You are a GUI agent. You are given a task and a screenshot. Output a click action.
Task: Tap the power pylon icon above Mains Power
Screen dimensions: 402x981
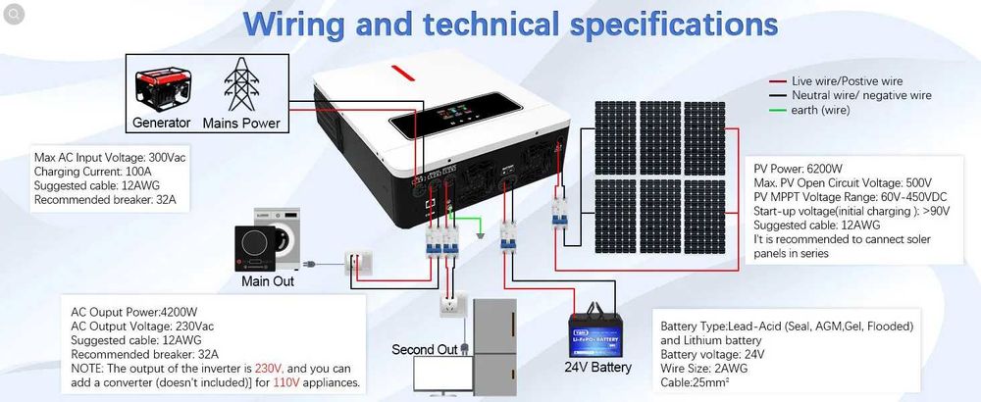[x=240, y=85]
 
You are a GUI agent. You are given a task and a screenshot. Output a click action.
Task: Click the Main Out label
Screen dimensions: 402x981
[x=268, y=281]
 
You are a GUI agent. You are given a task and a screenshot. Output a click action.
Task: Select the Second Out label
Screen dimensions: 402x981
[x=425, y=349]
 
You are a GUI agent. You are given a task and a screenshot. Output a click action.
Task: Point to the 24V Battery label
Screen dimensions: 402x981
[x=597, y=369]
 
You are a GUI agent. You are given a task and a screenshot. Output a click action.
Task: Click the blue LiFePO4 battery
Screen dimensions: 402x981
[x=599, y=332]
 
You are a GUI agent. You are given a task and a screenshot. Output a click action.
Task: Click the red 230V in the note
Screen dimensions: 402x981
[x=269, y=368]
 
